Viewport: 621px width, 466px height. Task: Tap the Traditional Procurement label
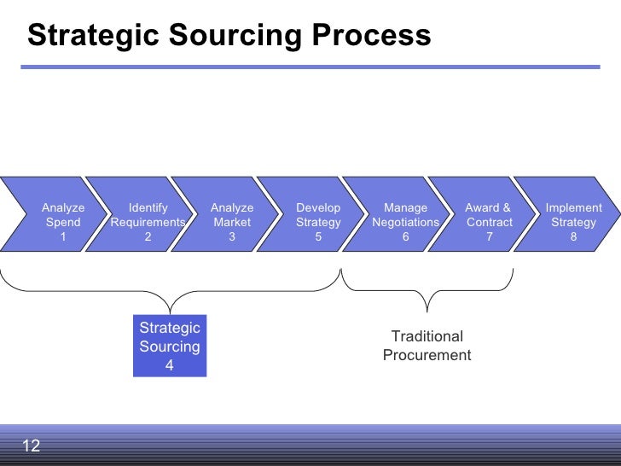[427, 346]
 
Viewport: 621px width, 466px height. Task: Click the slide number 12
[31, 446]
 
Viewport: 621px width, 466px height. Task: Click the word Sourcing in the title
[242, 36]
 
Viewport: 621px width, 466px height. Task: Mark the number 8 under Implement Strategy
[573, 237]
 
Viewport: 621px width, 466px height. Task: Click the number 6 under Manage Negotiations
[405, 237]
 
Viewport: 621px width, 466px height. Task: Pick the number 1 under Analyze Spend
[62, 237]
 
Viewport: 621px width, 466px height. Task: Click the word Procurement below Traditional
[427, 356]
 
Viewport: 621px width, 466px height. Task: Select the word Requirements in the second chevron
[148, 223]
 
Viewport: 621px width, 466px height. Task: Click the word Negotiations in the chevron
[405, 223]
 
